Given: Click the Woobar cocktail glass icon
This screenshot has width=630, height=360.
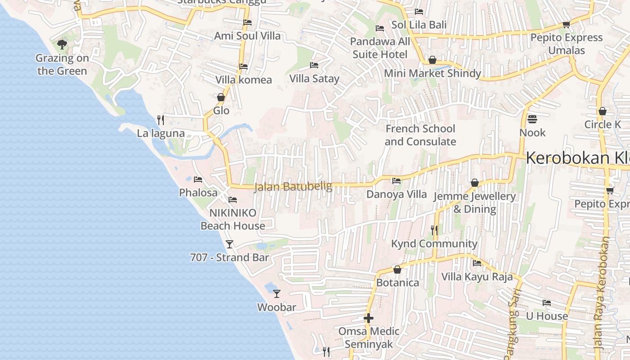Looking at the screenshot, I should tap(277, 294).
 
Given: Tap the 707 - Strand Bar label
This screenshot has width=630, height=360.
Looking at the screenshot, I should tap(229, 257).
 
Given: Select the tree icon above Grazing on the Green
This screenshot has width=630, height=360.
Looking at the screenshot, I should tap(62, 44).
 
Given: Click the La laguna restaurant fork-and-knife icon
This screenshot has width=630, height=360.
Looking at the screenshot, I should tap(161, 120).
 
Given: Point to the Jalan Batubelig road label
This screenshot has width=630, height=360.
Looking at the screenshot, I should tap(293, 186).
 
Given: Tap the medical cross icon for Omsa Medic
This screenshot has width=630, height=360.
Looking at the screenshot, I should tap(369, 318).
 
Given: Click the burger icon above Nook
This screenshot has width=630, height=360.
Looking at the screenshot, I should tap(532, 119).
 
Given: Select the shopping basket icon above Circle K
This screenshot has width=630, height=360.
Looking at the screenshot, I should tap(603, 111).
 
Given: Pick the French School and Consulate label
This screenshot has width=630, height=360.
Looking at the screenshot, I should tap(420, 135).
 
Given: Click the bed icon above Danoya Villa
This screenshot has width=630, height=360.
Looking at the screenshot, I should tap(396, 181).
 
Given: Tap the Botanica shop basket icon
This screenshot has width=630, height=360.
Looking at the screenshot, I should tap(397, 270).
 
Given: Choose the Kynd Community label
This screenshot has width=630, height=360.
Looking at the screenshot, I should tap(434, 243).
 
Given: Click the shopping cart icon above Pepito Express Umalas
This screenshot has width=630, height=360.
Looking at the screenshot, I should tap(566, 24).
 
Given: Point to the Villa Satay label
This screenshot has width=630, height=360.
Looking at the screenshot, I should tap(314, 79).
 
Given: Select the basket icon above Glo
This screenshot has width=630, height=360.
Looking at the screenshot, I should tap(221, 97).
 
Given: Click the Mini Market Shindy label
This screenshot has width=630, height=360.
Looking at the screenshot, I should tap(432, 73).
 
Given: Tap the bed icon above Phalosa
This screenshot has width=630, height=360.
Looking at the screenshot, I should tap(198, 180).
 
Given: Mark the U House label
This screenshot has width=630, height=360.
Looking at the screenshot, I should tap(547, 316).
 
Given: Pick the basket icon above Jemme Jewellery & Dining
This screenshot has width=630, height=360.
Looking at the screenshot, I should tap(474, 183).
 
